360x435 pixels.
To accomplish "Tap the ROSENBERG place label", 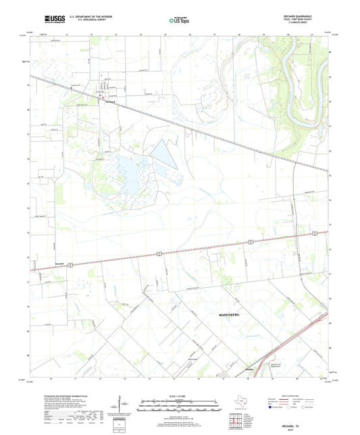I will [x=232, y=315].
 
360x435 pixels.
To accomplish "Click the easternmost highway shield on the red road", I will [x=314, y=234].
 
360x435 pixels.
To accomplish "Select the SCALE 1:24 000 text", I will [x=180, y=395].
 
